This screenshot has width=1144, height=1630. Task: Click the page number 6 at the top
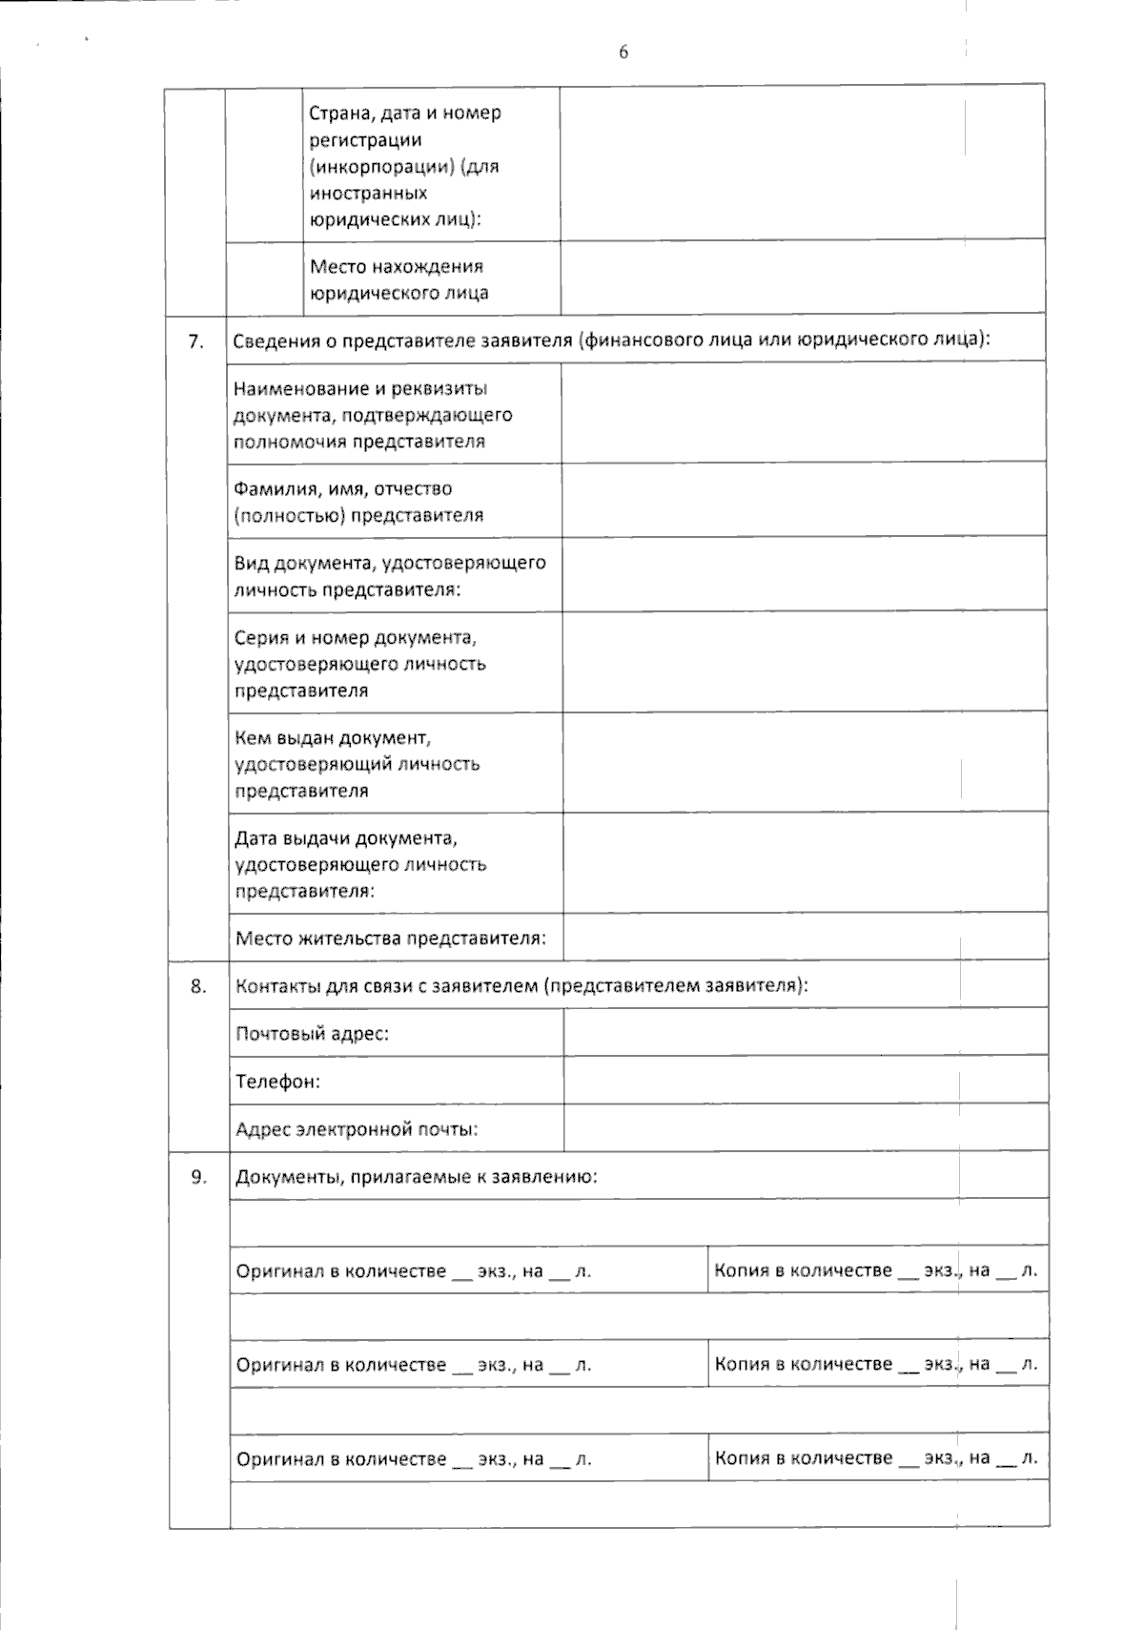coord(623,52)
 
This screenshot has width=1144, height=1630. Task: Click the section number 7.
coord(195,341)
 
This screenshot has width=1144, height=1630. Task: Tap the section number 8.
coord(197,986)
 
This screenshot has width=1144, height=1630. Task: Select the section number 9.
coord(198,1176)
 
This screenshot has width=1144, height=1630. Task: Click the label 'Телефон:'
coord(277,1082)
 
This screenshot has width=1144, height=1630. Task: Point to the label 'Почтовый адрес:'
coord(312,1034)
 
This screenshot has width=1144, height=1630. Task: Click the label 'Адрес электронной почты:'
coord(357,1129)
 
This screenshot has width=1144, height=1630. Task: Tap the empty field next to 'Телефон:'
coord(806,1080)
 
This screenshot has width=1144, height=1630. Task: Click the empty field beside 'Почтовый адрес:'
coord(806,1032)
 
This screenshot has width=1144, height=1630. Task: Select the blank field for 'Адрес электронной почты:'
coord(806,1127)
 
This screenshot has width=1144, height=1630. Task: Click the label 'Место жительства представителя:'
coord(391,939)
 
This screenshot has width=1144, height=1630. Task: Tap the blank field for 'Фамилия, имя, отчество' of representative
coord(804,501)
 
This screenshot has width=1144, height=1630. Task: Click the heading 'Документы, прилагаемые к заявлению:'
coord(417,1177)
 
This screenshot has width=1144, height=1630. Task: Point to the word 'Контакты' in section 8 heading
coord(276,986)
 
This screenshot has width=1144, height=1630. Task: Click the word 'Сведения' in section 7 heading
coord(275,340)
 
